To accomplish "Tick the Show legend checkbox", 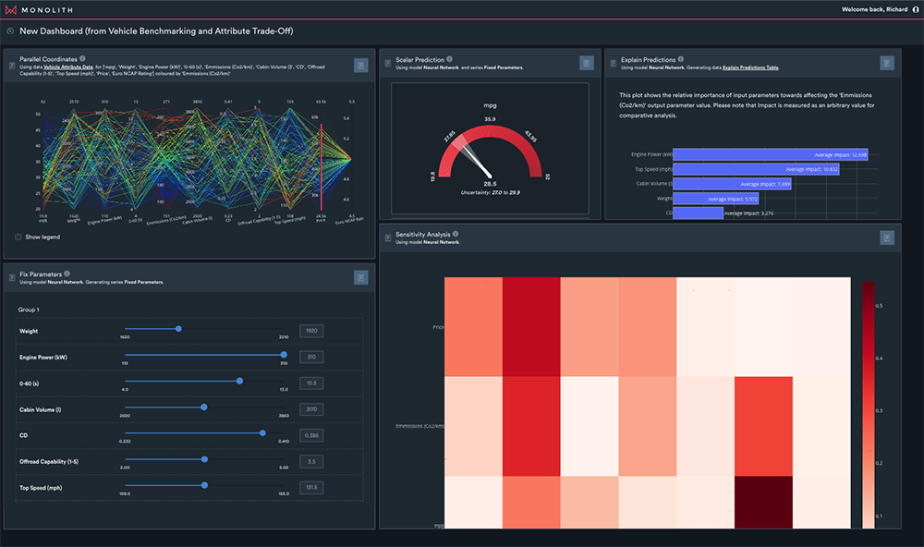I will [18, 237].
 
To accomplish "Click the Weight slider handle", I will [178, 328].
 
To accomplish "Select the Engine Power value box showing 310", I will [311, 356].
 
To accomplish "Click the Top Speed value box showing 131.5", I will [311, 487].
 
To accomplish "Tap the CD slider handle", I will [262, 432].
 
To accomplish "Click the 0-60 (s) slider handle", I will [239, 380].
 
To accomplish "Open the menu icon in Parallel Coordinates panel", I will [360, 65].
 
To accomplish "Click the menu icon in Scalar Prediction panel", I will [586, 63].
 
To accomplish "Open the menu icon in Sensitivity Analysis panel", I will [886, 237].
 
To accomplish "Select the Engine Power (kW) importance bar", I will [771, 154].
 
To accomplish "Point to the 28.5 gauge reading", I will [490, 183].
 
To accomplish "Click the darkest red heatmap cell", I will [764, 502].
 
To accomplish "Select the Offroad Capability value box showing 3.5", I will [311, 460].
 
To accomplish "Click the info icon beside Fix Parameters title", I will [67, 273].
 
